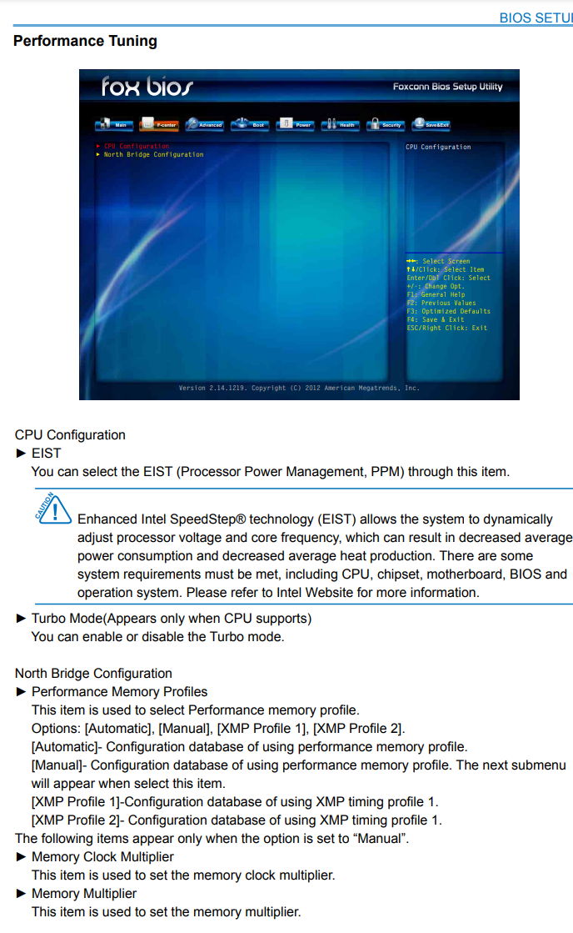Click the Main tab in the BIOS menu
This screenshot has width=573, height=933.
click(115, 124)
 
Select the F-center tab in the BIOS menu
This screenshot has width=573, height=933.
click(160, 124)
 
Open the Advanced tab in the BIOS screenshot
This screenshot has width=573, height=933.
click(205, 124)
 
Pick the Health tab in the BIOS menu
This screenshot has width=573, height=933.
click(341, 124)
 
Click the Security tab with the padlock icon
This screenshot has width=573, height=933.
click(386, 124)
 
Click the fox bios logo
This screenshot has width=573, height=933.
click(147, 86)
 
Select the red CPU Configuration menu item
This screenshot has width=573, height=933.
click(136, 147)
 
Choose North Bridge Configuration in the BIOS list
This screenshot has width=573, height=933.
click(153, 155)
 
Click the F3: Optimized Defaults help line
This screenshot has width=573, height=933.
click(448, 311)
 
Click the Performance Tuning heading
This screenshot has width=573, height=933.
click(85, 41)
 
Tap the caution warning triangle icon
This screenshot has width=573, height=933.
click(53, 509)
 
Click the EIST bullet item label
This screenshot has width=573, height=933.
click(46, 454)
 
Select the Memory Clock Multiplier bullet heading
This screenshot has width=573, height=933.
click(102, 857)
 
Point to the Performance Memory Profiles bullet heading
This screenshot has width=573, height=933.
click(119, 692)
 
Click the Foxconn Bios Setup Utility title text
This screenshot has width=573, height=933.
click(447, 87)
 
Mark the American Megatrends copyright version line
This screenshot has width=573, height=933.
click(299, 389)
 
